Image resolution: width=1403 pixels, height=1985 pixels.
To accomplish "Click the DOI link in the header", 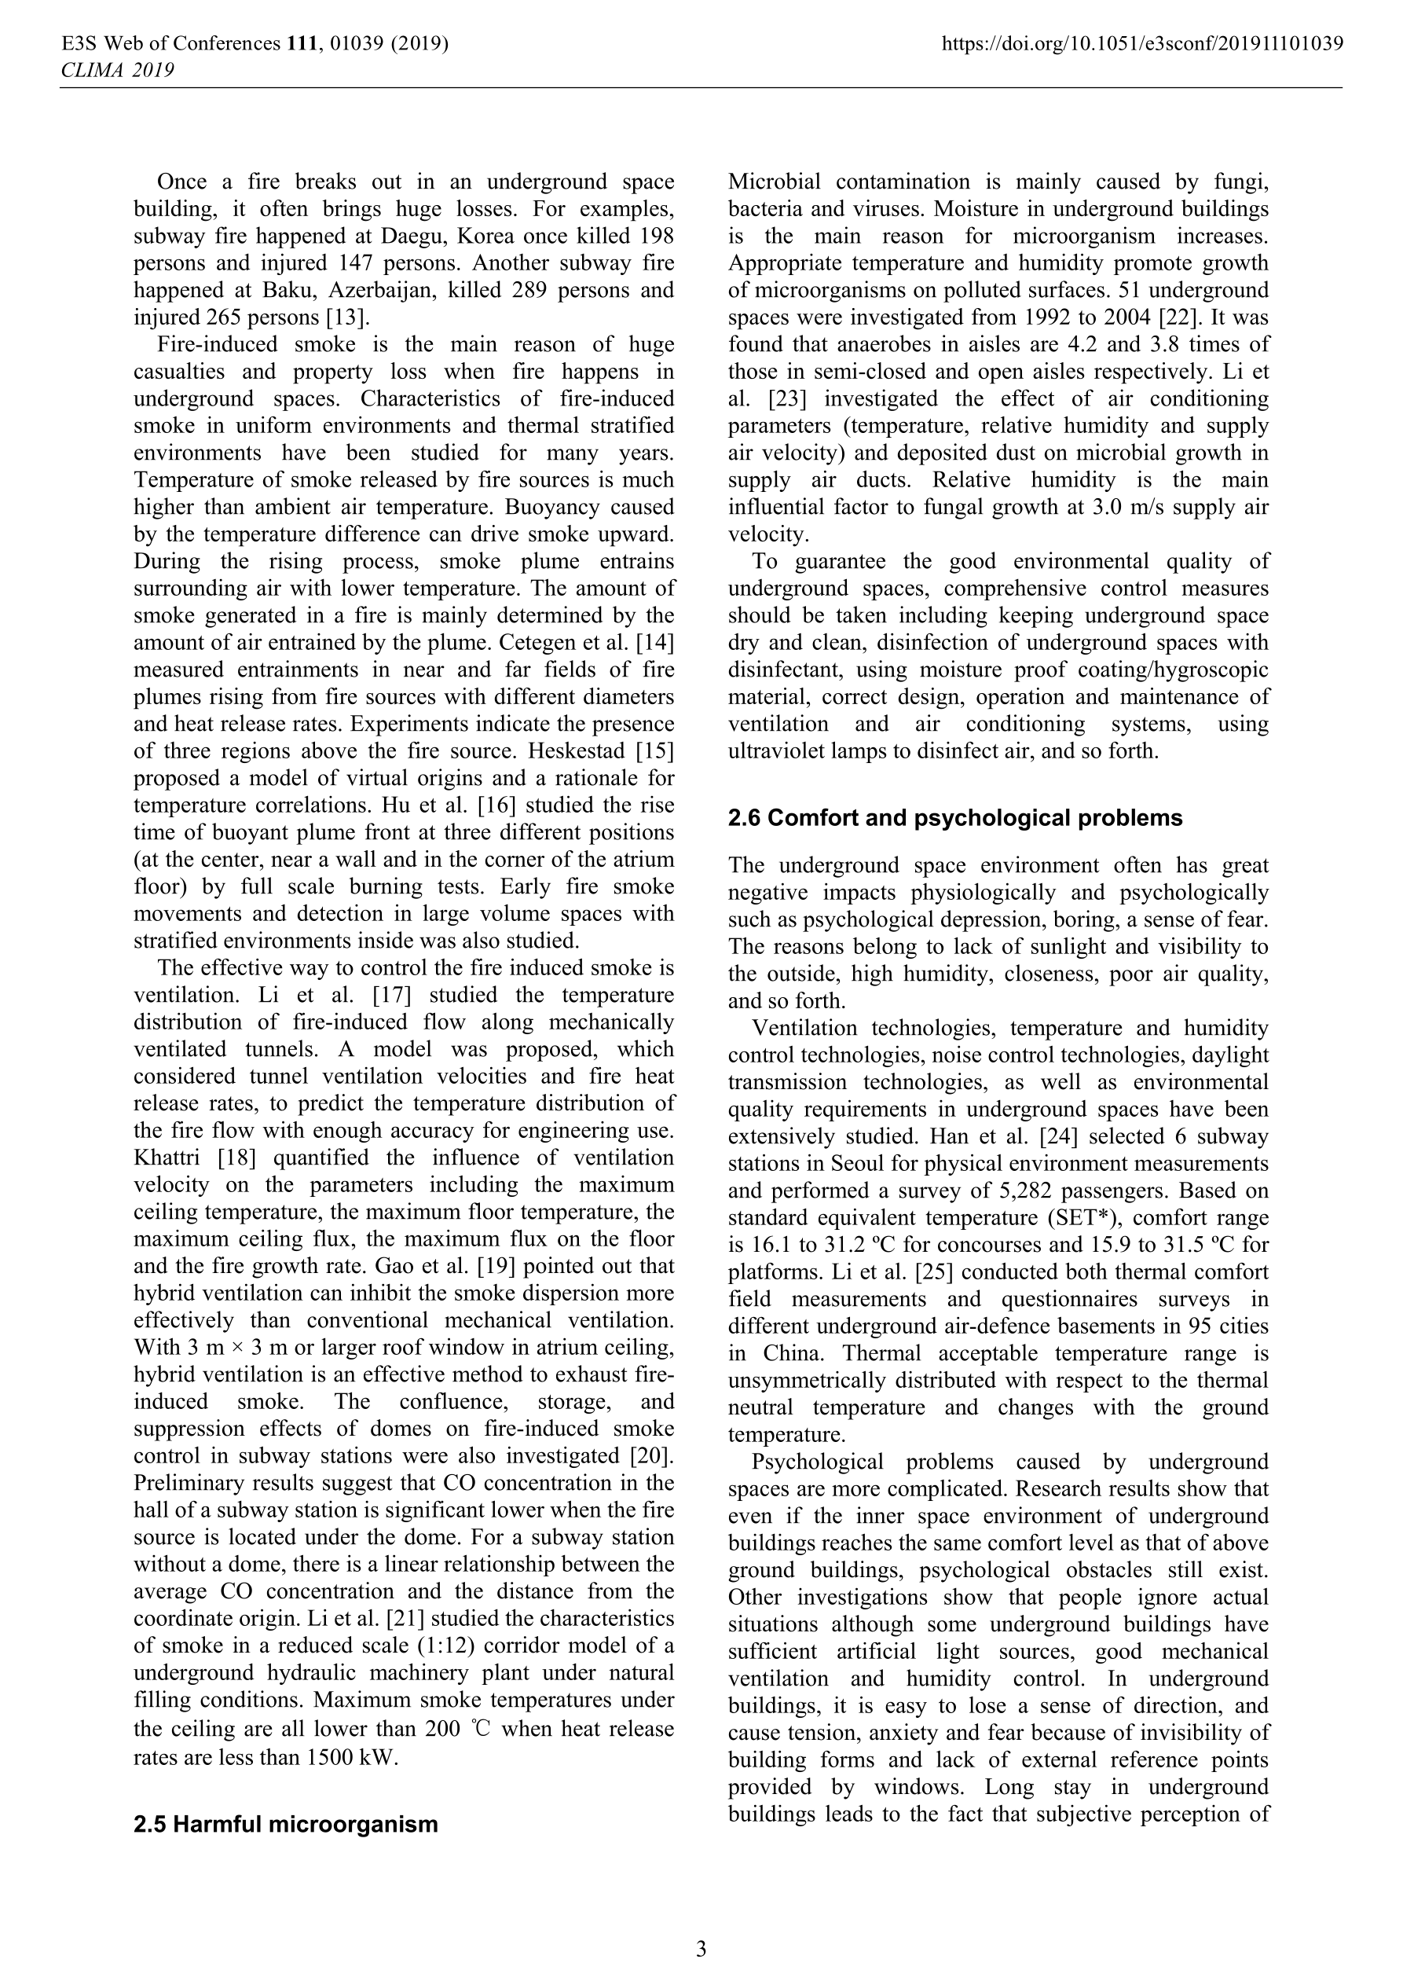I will (x=1142, y=43).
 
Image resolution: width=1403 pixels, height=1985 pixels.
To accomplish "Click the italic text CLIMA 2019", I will (x=117, y=70).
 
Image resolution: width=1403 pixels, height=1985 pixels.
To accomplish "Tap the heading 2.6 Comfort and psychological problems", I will (x=954, y=818).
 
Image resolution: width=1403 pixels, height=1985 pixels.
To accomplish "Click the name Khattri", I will (x=170, y=1158).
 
